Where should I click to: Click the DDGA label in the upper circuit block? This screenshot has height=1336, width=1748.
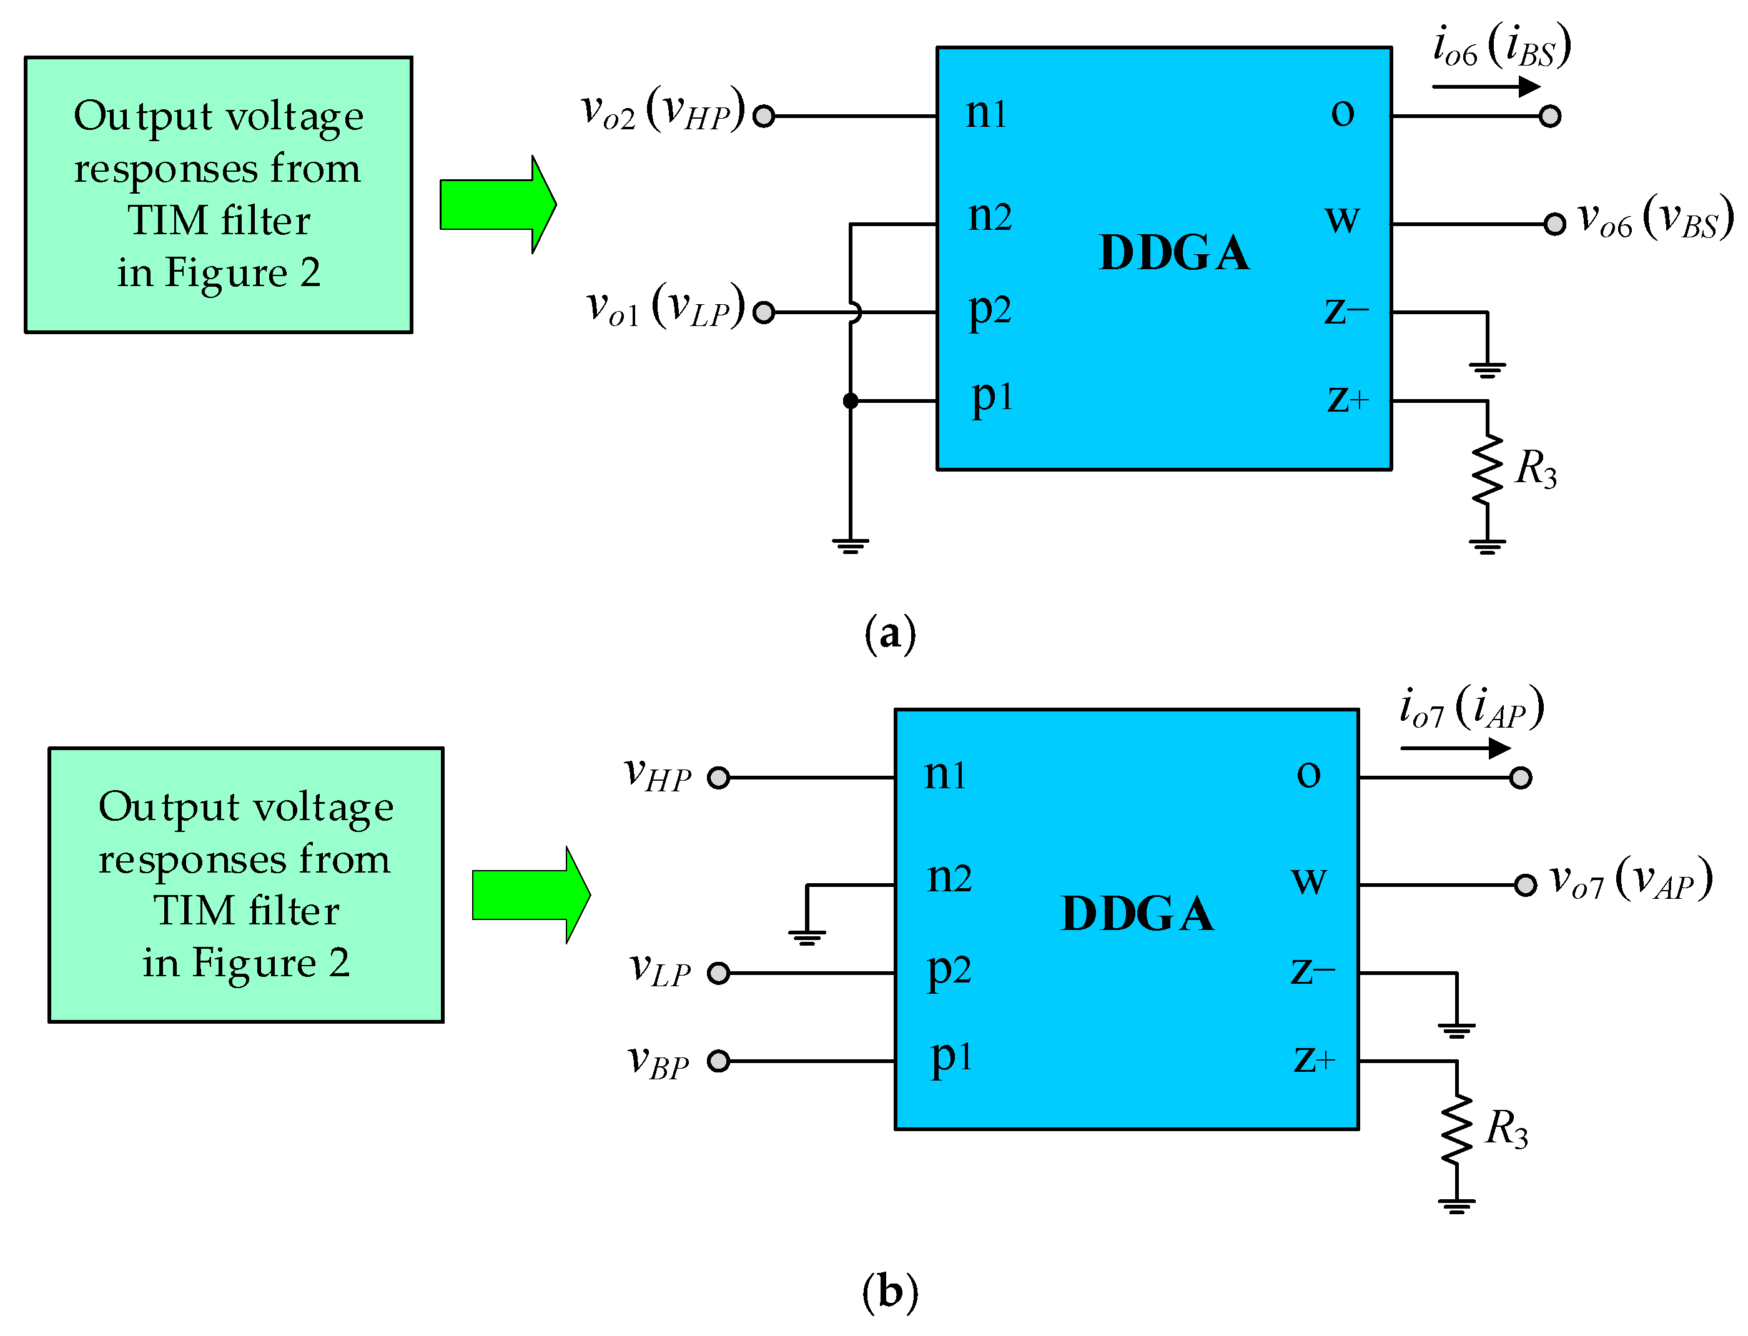(1173, 253)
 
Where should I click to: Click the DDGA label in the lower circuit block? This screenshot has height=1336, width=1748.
(1137, 913)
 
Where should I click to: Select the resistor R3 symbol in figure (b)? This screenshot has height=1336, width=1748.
(1456, 1129)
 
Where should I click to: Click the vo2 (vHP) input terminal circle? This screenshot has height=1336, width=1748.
(763, 116)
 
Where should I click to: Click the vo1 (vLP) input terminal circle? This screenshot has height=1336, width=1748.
(763, 312)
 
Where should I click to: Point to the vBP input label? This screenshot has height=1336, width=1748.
(658, 1061)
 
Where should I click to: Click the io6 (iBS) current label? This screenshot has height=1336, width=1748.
(1501, 46)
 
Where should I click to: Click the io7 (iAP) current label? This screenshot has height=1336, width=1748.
(1471, 708)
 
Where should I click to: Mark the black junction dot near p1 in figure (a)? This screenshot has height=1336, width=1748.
(851, 401)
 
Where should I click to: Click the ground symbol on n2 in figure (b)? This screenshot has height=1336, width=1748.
(807, 936)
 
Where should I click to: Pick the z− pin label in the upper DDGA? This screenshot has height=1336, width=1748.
(1346, 310)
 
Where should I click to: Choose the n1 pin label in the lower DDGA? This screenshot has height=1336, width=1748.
(944, 774)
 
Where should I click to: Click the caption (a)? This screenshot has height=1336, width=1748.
(889, 634)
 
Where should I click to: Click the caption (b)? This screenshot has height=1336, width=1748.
(889, 1292)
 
